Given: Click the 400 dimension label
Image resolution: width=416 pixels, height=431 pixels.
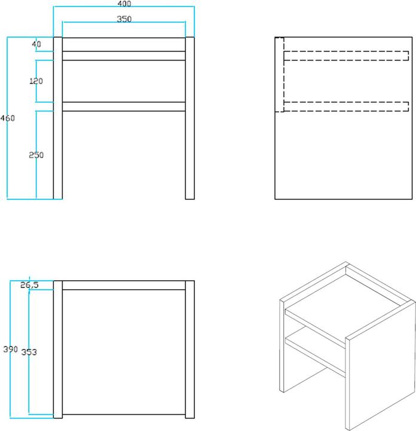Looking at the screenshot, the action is click(x=124, y=4).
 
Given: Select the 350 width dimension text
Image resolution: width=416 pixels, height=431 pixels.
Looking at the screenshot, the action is click(x=124, y=19).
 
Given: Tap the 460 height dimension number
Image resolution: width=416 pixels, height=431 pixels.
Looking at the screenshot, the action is click(x=7, y=118).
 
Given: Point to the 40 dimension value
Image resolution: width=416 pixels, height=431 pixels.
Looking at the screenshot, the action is click(x=36, y=44).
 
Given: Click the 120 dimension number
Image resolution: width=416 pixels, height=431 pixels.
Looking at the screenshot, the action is click(x=36, y=81).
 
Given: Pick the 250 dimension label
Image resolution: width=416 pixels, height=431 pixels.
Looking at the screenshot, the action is click(x=36, y=155).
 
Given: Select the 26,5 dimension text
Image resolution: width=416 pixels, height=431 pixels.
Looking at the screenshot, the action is click(x=29, y=285).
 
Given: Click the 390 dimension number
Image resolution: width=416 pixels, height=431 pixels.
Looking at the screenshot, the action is click(x=10, y=350).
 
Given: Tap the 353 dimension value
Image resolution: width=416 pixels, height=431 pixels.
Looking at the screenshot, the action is click(x=29, y=352).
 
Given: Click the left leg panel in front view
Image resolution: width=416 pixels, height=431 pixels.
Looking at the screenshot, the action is click(x=57, y=118).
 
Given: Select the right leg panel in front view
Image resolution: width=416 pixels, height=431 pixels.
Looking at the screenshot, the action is click(x=190, y=118).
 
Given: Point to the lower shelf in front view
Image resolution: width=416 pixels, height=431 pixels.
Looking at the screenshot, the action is click(x=124, y=107).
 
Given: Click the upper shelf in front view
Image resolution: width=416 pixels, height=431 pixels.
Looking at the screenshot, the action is click(x=124, y=56).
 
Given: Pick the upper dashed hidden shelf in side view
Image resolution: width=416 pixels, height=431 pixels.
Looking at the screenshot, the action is click(x=346, y=56).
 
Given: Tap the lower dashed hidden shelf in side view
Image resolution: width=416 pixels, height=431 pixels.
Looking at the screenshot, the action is click(x=346, y=107).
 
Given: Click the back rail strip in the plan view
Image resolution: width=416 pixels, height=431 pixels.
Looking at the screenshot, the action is click(x=124, y=286).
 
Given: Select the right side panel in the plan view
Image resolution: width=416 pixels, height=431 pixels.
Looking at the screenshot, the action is click(x=190, y=350).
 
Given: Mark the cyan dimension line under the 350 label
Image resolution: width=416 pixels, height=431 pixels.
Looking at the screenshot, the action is click(x=124, y=22).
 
